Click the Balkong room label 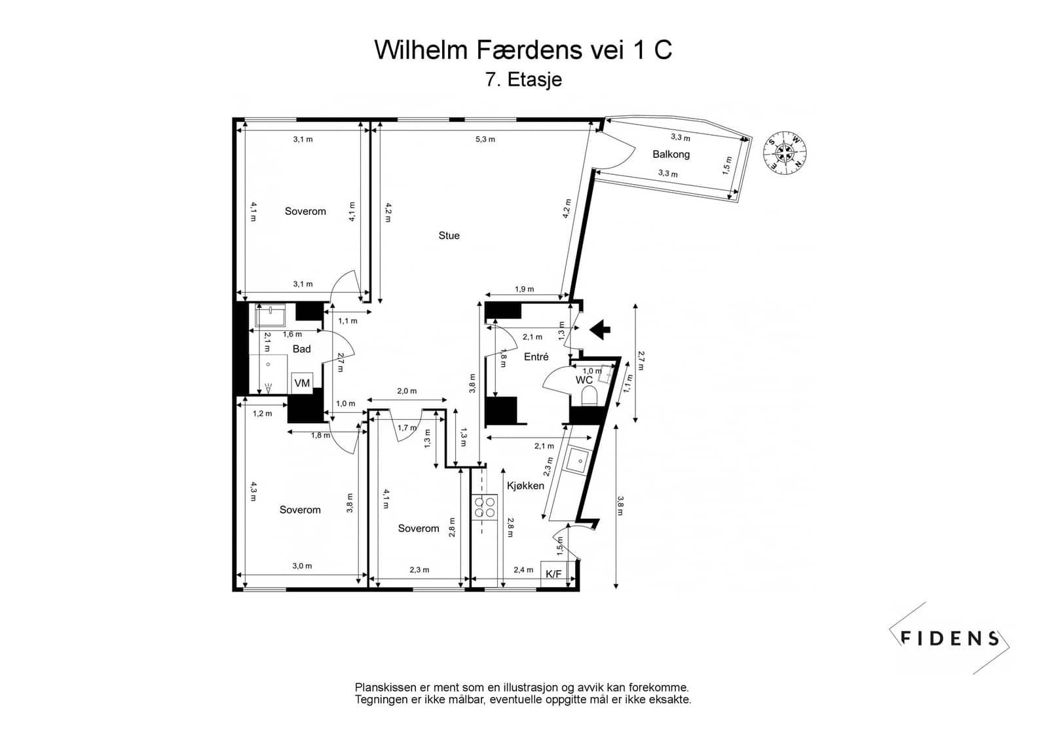671,154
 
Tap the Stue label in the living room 449,235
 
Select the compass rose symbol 785,153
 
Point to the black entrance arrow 600,329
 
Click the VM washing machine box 302,383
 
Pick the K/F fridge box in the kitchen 553,574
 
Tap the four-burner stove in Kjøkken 485,507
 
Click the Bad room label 301,349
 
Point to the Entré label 536,356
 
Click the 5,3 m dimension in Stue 485,139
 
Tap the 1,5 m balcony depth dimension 726,166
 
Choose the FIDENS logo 949,638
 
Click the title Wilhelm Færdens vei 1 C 523,50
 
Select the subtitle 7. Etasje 523,79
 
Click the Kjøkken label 525,486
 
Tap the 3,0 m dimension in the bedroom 302,566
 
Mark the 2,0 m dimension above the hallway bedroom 407,391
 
